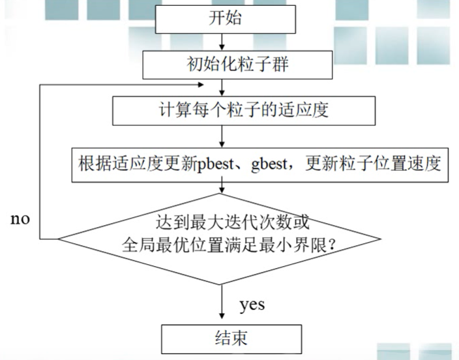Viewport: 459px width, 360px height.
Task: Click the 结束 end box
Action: (x=231, y=339)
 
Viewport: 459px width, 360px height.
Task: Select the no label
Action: (x=20, y=218)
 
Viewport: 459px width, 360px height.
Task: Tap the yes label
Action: (x=252, y=305)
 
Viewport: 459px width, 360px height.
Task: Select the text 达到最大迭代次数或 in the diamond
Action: (x=224, y=221)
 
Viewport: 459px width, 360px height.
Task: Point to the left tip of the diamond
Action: (x=59, y=238)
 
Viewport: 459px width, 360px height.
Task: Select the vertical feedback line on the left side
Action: (x=40, y=163)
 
